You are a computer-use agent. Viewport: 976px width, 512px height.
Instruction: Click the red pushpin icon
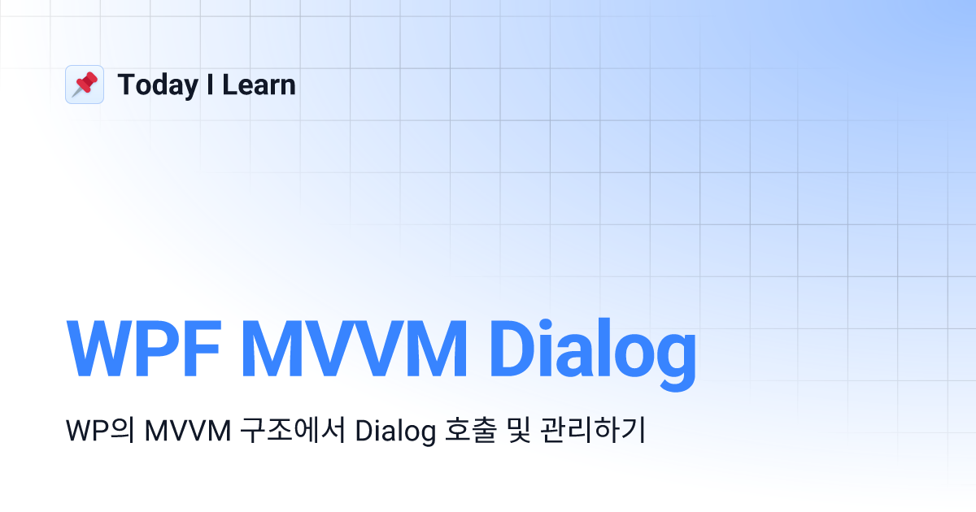pos(85,85)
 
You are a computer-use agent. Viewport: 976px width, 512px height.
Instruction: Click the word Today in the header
pos(158,86)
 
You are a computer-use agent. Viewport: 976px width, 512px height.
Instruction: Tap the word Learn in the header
pos(259,85)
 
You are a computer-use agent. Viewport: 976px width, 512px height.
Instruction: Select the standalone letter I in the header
pos(210,85)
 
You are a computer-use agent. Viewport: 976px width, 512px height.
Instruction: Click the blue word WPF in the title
pos(143,349)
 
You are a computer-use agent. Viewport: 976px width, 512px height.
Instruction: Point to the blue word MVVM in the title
pos(355,349)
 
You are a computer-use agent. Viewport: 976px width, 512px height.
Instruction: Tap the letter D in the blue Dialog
pos(513,349)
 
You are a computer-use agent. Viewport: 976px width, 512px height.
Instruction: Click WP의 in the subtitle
pos(100,431)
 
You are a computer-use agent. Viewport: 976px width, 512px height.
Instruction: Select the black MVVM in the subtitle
pos(188,431)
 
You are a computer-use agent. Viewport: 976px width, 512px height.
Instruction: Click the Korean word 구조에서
pos(294,430)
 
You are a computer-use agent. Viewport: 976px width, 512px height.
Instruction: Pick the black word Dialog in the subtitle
pos(395,432)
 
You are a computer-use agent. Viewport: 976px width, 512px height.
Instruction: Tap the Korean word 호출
pos(471,430)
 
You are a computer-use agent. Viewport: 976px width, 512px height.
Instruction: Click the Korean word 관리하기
pos(593,430)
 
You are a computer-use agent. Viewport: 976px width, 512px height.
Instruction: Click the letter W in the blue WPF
pos(98,349)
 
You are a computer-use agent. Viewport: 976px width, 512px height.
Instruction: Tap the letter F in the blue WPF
pos(202,349)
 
